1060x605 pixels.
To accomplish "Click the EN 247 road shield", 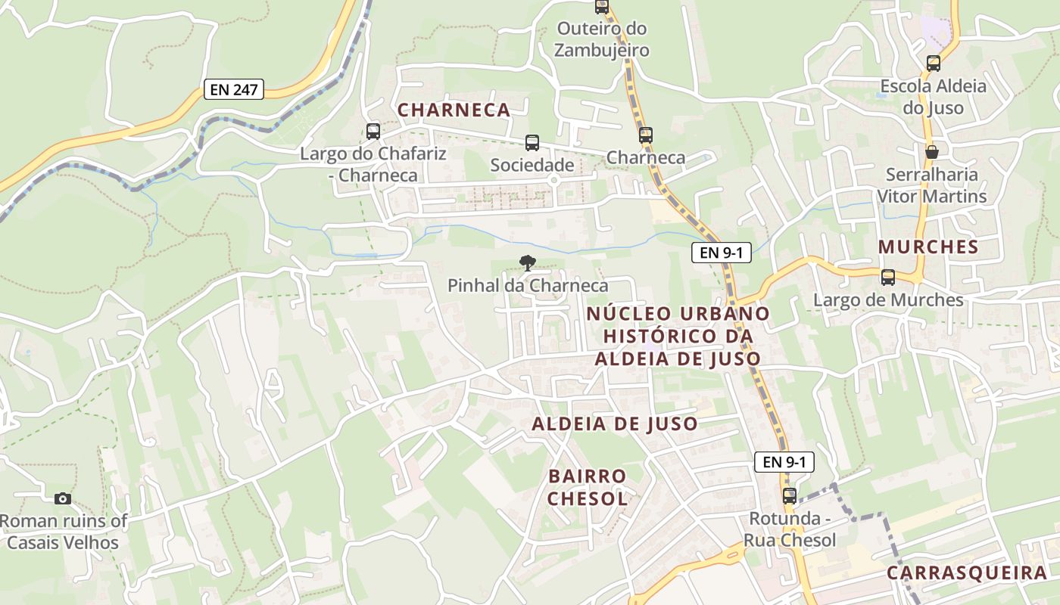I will pyautogui.click(x=234, y=89).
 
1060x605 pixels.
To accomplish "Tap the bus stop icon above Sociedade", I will pyautogui.click(x=532, y=143).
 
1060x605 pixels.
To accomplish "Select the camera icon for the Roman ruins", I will pyautogui.click(x=63, y=498).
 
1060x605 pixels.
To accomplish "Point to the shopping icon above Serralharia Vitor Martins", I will pyautogui.click(x=932, y=152).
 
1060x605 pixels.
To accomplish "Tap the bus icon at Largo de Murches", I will pyautogui.click(x=888, y=278).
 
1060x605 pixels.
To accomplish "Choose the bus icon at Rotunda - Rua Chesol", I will pyautogui.click(x=790, y=496).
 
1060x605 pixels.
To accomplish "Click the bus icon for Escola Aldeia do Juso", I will pyautogui.click(x=934, y=64).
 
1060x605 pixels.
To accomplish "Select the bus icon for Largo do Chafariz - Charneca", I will pyautogui.click(x=373, y=132).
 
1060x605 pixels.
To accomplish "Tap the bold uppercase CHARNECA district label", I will pyautogui.click(x=454, y=110).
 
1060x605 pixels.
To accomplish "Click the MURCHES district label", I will pyautogui.click(x=928, y=247).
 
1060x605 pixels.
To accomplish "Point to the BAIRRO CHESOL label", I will pyautogui.click(x=588, y=487).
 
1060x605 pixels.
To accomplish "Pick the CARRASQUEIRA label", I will pyautogui.click(x=967, y=572).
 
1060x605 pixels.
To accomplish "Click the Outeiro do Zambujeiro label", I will pyautogui.click(x=602, y=39).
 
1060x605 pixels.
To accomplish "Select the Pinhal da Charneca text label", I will pyautogui.click(x=528, y=286).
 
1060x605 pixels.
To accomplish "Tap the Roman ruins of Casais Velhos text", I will pyautogui.click(x=63, y=532).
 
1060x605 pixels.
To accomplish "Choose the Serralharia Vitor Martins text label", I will pyautogui.click(x=932, y=185).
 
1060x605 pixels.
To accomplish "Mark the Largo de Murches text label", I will pyautogui.click(x=888, y=300).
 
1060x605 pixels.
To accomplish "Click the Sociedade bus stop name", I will pyautogui.click(x=532, y=165).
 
